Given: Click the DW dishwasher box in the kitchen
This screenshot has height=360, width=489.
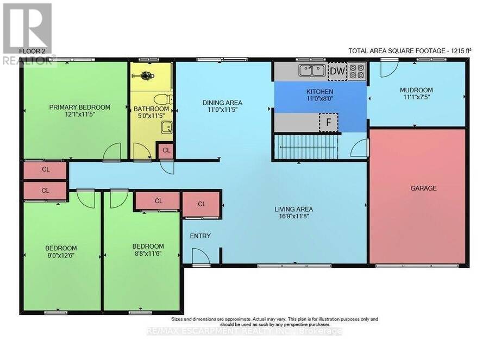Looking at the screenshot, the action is point(337,71).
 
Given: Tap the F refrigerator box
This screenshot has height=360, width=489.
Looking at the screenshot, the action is point(328,123).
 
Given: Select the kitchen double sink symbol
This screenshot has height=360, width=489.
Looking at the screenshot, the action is point(312,71).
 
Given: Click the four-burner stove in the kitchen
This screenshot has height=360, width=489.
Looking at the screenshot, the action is point(357,71).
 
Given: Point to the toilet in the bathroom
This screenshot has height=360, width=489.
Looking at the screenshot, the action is point(164,99).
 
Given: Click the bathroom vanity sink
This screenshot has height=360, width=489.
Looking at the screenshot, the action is point(167,128).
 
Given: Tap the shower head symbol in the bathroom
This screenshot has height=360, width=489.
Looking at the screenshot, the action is point(145,75).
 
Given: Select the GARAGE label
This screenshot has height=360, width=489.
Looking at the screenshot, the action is point(423,188).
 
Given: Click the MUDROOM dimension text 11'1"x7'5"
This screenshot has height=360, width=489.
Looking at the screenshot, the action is point(417,97).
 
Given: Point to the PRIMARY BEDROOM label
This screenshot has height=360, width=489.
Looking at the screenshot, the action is point(79,108).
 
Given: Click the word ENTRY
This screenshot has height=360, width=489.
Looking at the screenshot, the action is point(200,236).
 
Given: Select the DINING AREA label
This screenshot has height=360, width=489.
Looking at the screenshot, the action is point(222,103).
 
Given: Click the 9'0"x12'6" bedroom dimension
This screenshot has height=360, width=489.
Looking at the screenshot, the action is point(61,255).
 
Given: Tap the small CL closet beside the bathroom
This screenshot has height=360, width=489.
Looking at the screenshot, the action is point(166,150).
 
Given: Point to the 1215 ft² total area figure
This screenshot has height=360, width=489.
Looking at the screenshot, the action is point(459,51).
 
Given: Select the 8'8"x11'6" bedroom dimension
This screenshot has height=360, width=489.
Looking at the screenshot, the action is point(148,254).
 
